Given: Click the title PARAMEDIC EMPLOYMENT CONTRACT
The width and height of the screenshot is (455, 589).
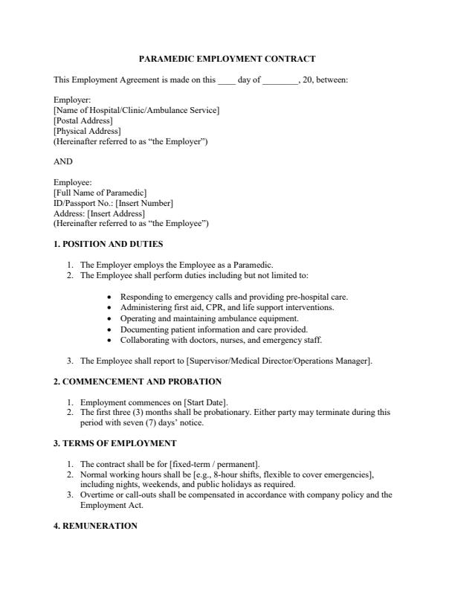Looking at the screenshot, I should pos(227,59).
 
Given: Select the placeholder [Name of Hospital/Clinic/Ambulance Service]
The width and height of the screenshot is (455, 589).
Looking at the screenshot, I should pos(136,110).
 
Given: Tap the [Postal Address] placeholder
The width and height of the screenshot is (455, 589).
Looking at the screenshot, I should pos(83,120).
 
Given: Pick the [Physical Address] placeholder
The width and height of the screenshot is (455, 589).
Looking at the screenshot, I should pos(87,131).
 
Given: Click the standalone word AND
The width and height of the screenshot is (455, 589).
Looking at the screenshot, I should pos(63,161).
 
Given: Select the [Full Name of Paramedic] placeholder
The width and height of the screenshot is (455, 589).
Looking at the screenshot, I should pos(100,193).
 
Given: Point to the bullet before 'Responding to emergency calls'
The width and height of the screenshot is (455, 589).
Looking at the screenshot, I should pos(110,297).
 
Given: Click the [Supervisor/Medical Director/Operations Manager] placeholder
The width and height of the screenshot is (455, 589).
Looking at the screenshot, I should pos(278,361).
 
